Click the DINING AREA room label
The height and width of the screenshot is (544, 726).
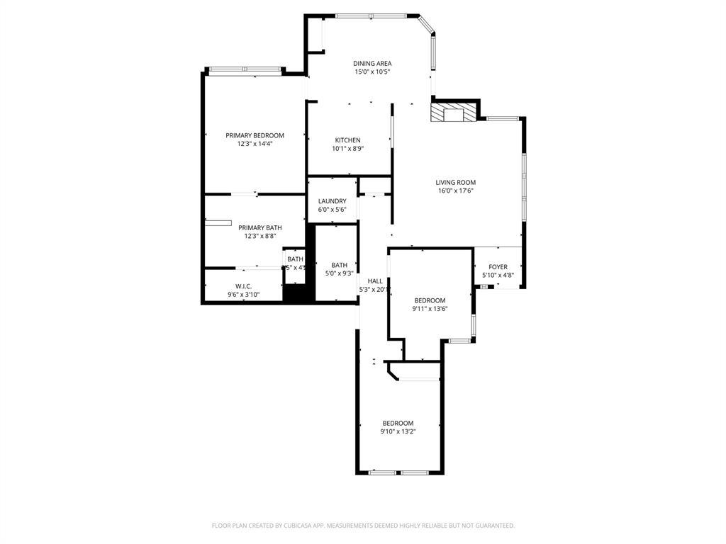(372, 64)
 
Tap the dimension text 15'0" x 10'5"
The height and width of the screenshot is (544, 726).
(372, 72)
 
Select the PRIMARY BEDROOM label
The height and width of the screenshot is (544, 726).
(255, 135)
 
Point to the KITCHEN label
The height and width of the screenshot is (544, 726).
(347, 140)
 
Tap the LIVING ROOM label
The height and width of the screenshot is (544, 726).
(455, 182)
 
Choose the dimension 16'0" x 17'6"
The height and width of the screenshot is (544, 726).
(455, 191)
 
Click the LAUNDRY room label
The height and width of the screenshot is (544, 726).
(332, 201)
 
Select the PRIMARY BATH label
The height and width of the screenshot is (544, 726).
(255, 227)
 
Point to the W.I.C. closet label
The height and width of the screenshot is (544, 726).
(244, 286)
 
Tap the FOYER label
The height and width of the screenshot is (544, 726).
(498, 267)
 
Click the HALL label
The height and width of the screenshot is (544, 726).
(375, 281)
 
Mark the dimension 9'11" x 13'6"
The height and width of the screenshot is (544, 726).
(430, 309)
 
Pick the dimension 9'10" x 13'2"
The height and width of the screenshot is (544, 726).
(398, 431)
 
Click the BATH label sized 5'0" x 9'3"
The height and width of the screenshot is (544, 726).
(339, 265)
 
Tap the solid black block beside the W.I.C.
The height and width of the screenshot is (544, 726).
(298, 293)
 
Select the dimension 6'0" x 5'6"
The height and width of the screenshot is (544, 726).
(332, 210)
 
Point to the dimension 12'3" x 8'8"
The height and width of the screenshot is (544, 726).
(255, 236)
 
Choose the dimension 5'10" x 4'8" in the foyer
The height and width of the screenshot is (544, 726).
(498, 276)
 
